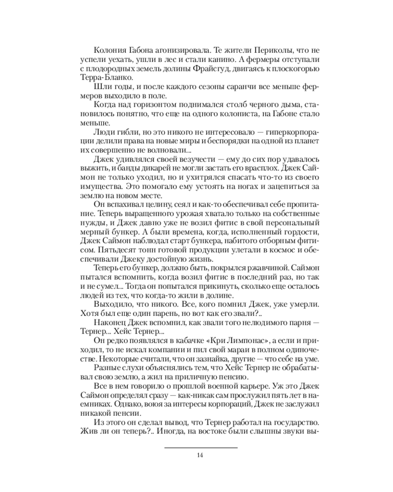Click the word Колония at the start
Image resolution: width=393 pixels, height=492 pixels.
[x=107, y=51]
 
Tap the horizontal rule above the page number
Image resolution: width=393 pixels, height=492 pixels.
[x=200, y=447]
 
